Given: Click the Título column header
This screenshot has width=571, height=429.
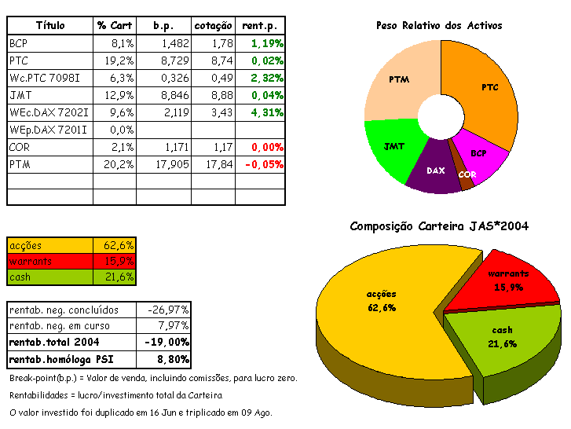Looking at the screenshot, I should coord(50,26).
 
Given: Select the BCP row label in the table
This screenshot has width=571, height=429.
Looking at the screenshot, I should coord(19,43).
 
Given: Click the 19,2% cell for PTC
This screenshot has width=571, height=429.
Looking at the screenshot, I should coord(115,60).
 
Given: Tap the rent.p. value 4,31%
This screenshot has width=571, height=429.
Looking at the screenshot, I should coord(262,112).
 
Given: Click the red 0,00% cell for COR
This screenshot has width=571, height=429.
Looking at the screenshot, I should coord(263,147).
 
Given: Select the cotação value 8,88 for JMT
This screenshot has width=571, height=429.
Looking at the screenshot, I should coord(214,95).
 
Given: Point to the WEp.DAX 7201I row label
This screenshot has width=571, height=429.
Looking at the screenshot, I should coord(48,130).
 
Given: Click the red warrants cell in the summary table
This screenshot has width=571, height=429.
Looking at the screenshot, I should coord(49,262).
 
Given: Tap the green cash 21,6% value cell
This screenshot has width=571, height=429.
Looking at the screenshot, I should coord(115,277).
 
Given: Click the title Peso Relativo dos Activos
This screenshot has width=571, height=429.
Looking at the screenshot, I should coord(439,26).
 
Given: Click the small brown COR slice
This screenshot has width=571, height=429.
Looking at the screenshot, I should coord(466,179).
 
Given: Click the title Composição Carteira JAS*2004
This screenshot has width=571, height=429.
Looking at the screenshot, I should coord(438,226).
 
